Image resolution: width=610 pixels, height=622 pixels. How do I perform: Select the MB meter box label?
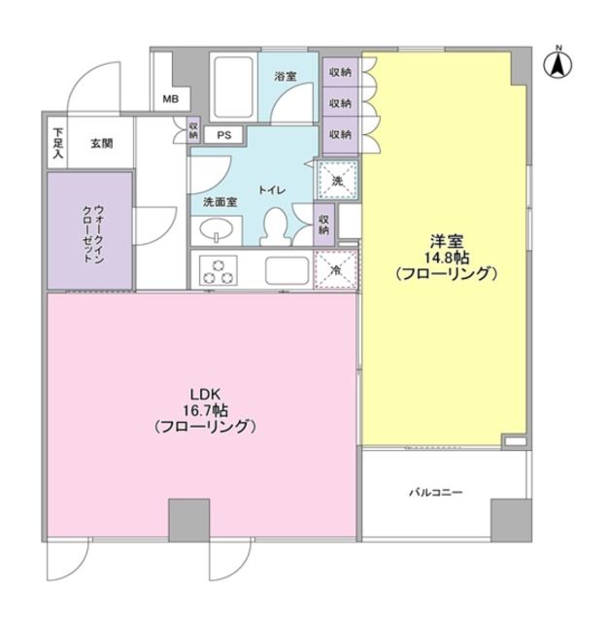point(169,99)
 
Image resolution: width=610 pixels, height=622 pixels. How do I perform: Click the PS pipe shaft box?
point(223,135)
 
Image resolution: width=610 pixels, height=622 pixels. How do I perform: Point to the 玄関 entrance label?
point(102,143)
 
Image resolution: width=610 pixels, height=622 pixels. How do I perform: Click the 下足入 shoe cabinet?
point(58,143)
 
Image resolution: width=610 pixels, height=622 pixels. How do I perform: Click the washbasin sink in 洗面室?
point(216,230)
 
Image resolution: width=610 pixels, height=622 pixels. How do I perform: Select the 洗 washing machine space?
point(338,179)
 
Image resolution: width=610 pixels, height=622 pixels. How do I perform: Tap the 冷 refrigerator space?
point(338,269)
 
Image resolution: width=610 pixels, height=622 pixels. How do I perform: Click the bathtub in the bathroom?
point(232,86)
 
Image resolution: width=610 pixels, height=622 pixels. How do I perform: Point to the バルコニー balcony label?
point(434,493)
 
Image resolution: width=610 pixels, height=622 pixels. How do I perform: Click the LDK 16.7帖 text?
point(204,409)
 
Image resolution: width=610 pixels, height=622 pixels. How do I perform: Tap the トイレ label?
point(271,190)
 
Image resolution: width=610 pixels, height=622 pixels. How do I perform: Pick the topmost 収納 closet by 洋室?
point(339,72)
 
